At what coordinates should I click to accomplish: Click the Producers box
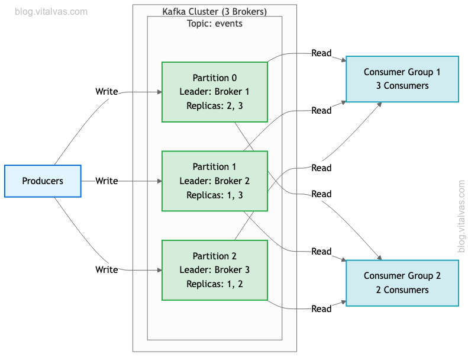tap(43, 181)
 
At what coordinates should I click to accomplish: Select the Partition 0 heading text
tap(214, 78)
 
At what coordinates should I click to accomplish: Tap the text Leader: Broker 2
tap(214, 181)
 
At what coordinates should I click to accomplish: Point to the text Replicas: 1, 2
tap(214, 284)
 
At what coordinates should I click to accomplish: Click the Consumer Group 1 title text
tap(402, 72)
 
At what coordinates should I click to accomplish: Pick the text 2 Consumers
tap(402, 290)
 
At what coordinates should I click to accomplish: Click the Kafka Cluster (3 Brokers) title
tap(214, 12)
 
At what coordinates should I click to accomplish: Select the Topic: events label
tap(214, 24)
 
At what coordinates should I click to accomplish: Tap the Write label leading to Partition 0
tap(107, 92)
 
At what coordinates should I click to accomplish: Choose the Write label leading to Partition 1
tap(107, 181)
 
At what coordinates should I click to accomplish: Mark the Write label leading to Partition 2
tap(107, 269)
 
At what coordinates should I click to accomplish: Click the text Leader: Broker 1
tap(214, 92)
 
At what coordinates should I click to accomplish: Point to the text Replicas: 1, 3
tap(214, 195)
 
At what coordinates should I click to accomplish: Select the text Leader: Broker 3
tap(214, 269)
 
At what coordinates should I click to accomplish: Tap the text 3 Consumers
tap(402, 86)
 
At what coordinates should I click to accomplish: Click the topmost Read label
tap(321, 53)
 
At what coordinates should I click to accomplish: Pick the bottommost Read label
tap(321, 308)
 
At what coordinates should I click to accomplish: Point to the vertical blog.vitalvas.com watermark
tap(461, 216)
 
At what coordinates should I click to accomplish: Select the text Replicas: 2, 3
tap(214, 106)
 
